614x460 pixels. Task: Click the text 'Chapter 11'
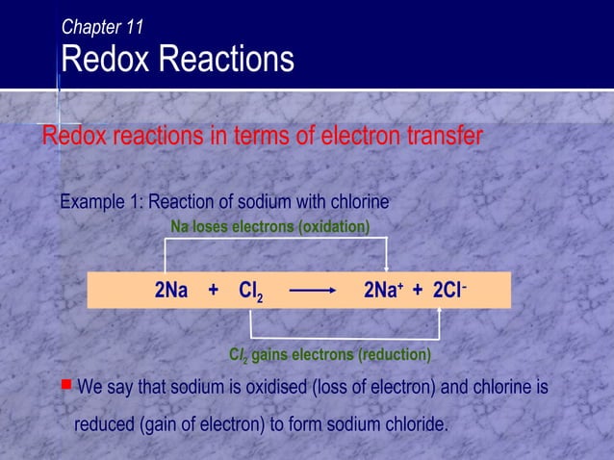click(102, 27)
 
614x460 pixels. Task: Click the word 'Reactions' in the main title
click(226, 60)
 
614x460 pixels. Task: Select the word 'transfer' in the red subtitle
click(442, 137)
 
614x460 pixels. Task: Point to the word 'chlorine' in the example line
click(359, 203)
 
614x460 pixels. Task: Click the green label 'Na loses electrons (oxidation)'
click(269, 226)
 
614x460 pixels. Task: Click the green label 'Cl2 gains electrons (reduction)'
click(329, 355)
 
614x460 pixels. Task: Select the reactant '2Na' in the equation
click(171, 291)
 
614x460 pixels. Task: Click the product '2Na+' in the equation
click(383, 291)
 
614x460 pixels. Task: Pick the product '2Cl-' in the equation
click(449, 291)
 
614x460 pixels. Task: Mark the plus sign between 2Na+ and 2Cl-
click(417, 291)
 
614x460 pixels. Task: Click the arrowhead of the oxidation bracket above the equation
click(387, 268)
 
